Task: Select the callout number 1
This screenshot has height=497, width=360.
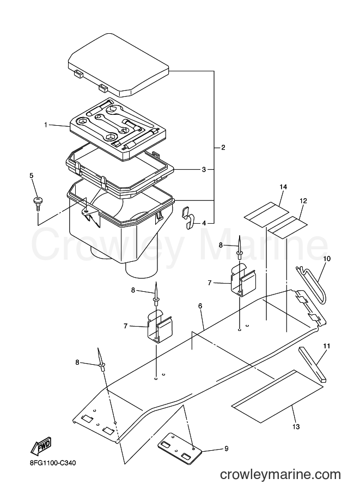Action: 46,125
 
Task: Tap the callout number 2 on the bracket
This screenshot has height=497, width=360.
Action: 223,148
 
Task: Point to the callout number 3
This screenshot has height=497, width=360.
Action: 204,170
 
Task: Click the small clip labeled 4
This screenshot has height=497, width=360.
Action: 188,218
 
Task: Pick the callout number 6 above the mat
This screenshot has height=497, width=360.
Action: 200,306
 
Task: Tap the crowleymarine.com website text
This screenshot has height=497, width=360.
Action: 280,475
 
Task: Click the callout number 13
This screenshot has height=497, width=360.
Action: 296,427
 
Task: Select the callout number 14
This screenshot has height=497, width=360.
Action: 283,187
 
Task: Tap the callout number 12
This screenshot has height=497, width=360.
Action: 303,201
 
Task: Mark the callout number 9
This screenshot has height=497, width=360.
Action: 226,449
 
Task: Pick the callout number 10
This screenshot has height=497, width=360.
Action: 327,259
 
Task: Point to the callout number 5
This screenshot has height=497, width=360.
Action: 32,175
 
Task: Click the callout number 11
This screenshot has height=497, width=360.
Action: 327,346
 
